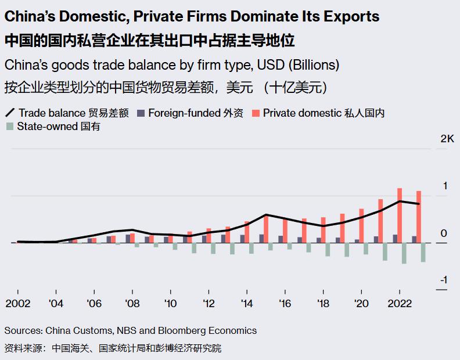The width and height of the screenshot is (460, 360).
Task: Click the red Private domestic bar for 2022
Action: [400, 215]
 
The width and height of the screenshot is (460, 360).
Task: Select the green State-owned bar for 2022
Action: [404, 253]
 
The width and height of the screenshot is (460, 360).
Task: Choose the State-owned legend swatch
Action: [9, 126]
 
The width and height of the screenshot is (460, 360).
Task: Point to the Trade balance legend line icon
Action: [9, 113]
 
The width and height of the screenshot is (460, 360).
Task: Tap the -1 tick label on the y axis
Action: [443, 280]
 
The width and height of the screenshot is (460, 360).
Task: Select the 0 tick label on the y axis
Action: [444, 233]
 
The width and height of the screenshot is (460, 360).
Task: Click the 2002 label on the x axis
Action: [17, 304]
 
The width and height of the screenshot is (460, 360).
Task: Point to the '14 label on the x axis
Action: [247, 304]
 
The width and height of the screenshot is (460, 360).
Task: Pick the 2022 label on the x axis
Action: [400, 304]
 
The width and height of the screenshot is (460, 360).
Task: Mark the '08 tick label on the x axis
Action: [132, 304]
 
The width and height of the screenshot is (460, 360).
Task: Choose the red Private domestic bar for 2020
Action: [361, 225]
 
